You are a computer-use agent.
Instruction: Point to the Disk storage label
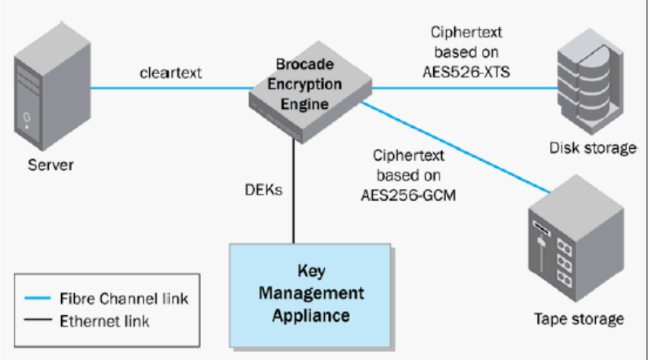[593, 147]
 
